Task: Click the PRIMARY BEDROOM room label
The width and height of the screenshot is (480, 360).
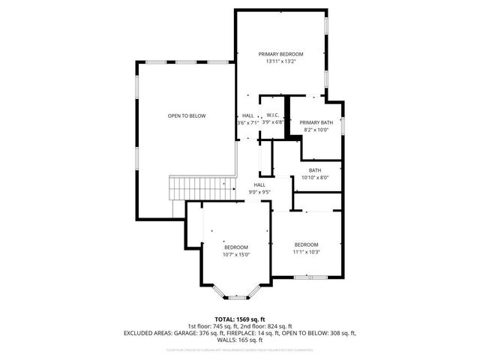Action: (x=281, y=54)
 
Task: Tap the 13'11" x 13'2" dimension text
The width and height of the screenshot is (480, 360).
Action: (x=281, y=61)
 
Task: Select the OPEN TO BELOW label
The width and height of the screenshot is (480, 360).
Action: (x=187, y=115)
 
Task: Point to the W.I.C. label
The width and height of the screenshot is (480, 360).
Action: (x=273, y=115)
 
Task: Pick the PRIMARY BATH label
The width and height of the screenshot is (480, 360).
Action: (x=316, y=122)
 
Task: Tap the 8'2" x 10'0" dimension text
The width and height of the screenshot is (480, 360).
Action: (x=316, y=130)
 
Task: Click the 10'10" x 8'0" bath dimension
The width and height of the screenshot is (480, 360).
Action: (x=315, y=178)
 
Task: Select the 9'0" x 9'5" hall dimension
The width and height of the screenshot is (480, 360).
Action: (x=259, y=192)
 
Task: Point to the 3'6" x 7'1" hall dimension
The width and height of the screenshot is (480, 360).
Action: (x=247, y=122)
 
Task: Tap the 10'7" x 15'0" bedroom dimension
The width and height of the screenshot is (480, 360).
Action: (x=235, y=254)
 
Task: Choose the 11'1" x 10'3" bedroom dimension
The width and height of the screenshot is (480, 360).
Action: (x=306, y=252)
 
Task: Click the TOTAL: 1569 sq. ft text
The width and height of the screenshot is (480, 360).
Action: (x=240, y=319)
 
